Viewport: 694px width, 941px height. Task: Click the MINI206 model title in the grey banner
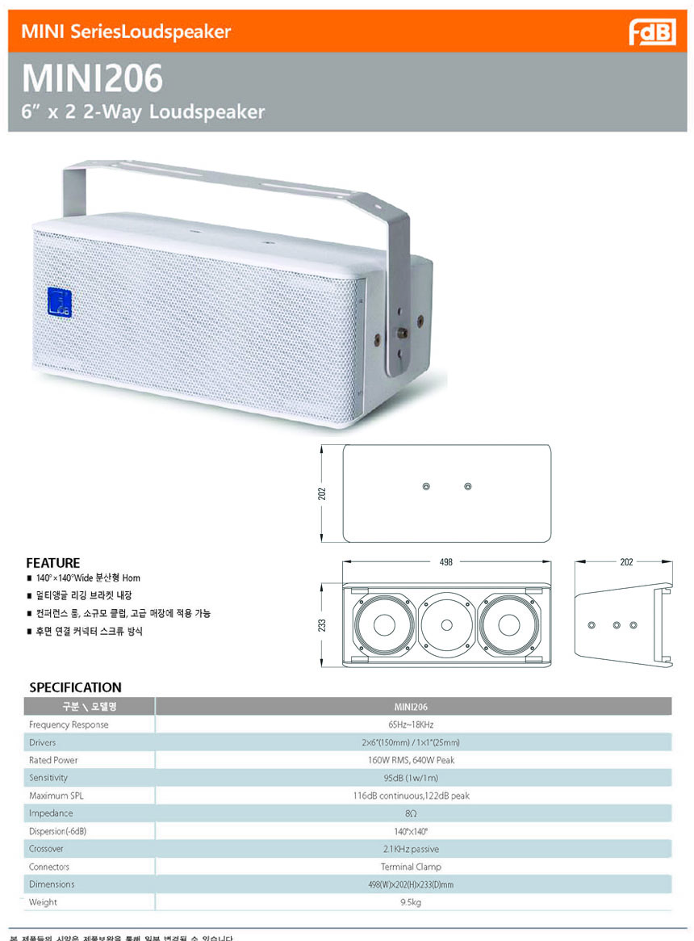tap(92, 79)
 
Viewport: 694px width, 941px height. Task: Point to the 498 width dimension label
tap(445, 561)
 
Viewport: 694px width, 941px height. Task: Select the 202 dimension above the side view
tap(627, 561)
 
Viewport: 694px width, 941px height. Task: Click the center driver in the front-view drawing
tap(446, 624)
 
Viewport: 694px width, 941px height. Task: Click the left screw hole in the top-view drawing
tap(426, 486)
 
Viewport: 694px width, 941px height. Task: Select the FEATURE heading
tap(53, 563)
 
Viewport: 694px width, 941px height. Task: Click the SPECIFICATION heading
tap(75, 687)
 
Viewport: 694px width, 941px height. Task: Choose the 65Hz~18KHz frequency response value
tap(412, 725)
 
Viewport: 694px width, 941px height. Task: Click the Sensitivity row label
tap(48, 778)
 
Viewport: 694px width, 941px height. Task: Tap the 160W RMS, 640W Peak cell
tap(412, 760)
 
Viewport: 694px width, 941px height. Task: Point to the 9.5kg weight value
tap(412, 902)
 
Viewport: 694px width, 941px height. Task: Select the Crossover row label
tap(46, 849)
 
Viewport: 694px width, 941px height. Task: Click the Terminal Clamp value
tap(412, 867)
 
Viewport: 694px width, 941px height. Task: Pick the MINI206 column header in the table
tap(412, 707)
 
